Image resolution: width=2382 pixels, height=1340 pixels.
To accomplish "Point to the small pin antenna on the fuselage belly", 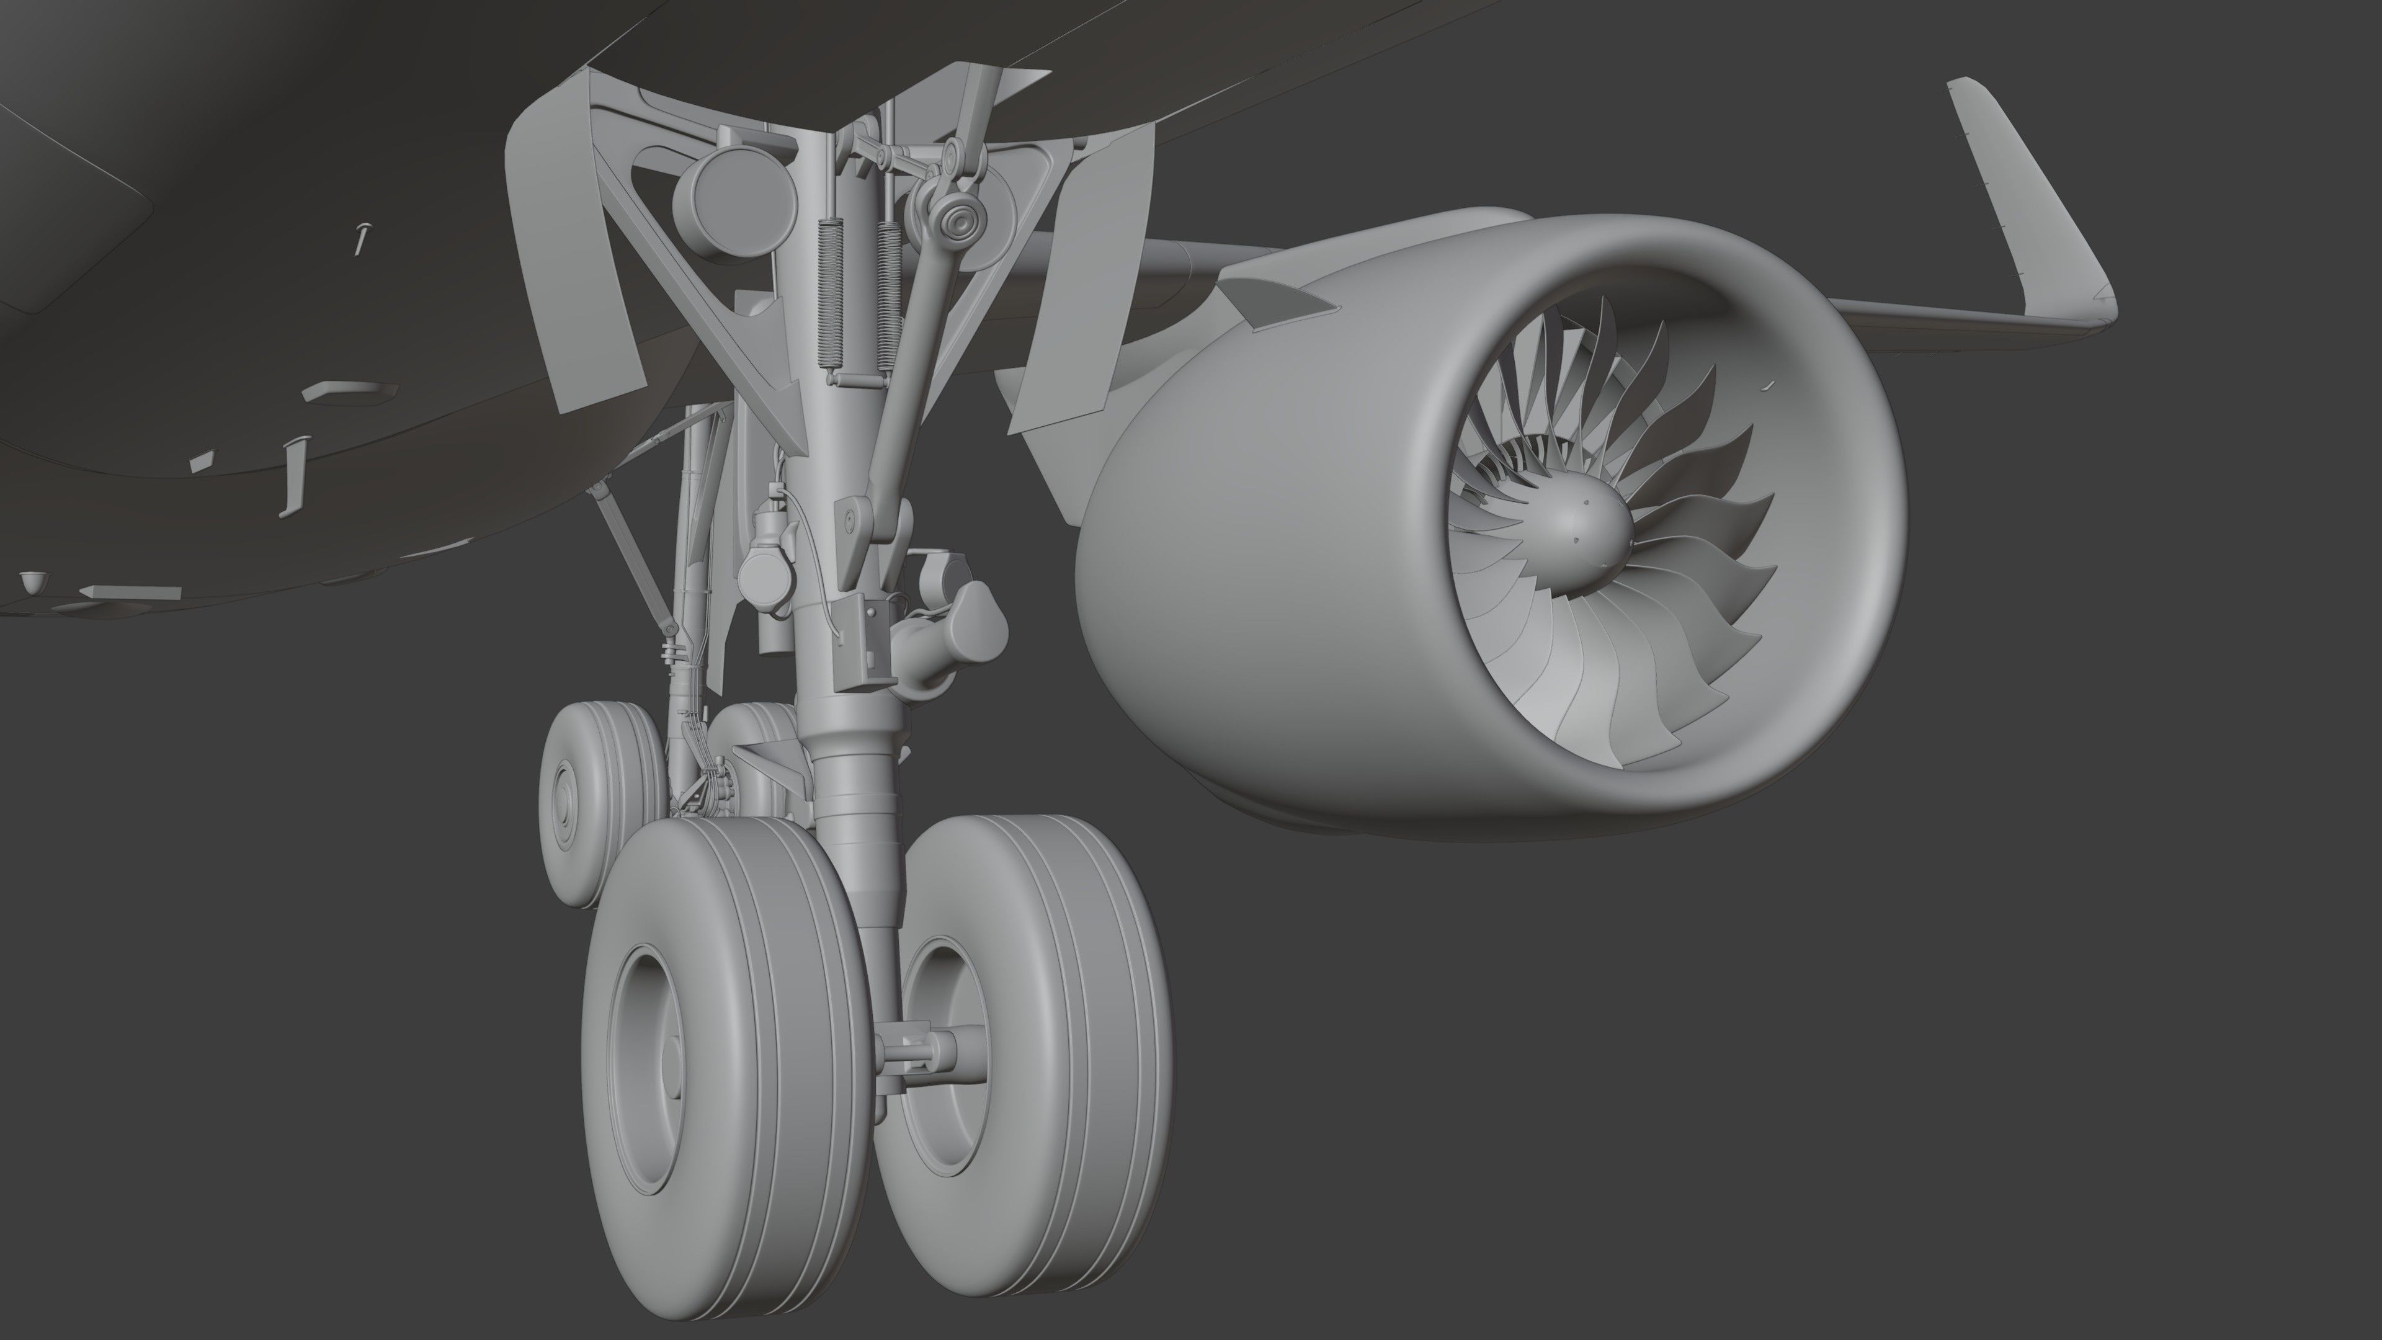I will (x=362, y=239).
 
